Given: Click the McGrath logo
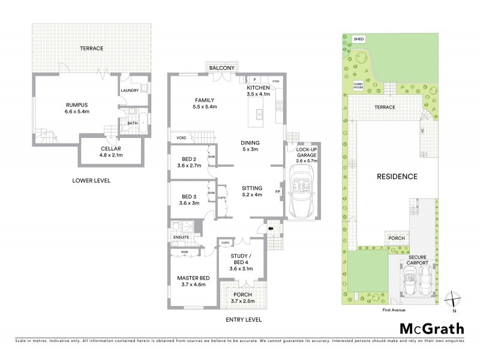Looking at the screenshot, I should (431, 328).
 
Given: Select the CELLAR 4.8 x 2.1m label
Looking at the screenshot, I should (110, 151).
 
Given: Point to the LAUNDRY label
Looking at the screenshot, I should (130, 91).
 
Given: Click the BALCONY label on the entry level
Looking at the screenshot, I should (221, 68).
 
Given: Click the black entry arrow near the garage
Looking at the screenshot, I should (270, 228).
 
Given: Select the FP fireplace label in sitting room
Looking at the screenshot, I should (277, 192).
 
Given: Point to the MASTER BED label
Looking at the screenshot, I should (193, 281).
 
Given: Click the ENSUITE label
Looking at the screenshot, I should (181, 237).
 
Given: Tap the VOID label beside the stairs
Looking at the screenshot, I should (181, 137).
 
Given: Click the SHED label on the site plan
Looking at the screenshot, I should (359, 39).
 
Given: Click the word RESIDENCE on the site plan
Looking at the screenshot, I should (397, 176).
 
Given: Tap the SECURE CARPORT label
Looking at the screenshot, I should (413, 260).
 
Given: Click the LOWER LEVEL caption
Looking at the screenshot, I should (91, 180).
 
